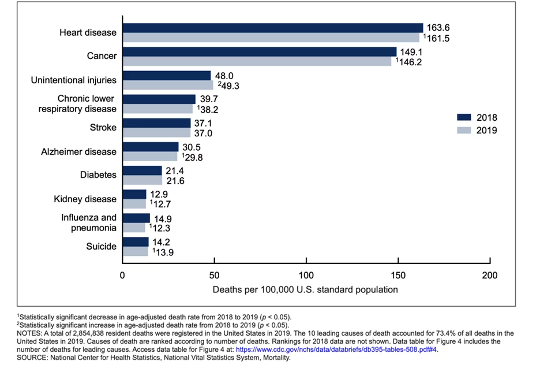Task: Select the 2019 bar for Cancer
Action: (257, 61)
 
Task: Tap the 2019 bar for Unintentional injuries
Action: (167, 85)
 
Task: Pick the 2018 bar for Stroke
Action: (156, 123)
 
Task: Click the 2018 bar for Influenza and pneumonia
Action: (136, 218)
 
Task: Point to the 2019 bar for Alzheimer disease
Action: (149, 157)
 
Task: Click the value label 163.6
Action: (438, 27)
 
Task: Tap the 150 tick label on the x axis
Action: (397, 276)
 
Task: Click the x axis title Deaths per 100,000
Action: (305, 289)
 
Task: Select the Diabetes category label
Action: (98, 175)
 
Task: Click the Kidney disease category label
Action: (85, 199)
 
